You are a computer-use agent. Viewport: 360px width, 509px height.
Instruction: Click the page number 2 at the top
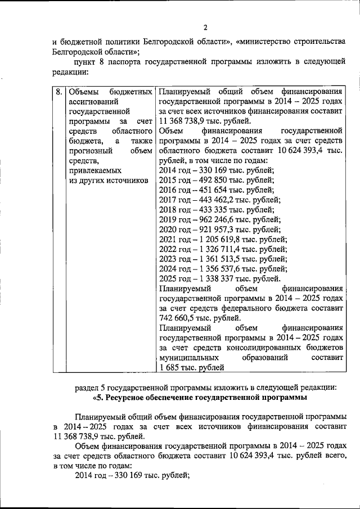pyautogui.click(x=205, y=28)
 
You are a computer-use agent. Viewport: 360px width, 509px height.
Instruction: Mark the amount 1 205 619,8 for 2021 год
pyautogui.click(x=221, y=239)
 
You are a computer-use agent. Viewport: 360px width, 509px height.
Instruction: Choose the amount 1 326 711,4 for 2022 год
pyautogui.click(x=221, y=249)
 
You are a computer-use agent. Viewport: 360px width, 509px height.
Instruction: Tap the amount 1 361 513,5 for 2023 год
pyautogui.click(x=221, y=259)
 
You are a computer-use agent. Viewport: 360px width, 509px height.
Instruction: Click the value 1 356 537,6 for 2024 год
pyautogui.click(x=221, y=268)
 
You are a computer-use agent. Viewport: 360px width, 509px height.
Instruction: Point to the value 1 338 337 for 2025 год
pyautogui.click(x=218, y=278)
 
